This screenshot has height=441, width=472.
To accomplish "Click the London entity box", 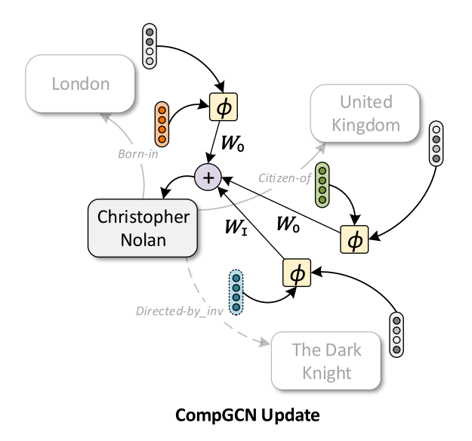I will click(x=81, y=84).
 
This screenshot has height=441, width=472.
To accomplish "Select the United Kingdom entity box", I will click(x=366, y=113).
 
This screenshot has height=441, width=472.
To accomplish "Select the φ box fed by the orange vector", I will click(x=221, y=108).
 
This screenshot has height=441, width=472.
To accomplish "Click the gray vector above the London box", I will click(x=150, y=45).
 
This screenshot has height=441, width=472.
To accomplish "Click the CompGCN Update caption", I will click(x=236, y=415).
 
